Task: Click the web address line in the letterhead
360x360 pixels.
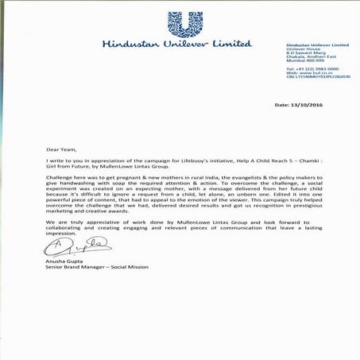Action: click(308, 75)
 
